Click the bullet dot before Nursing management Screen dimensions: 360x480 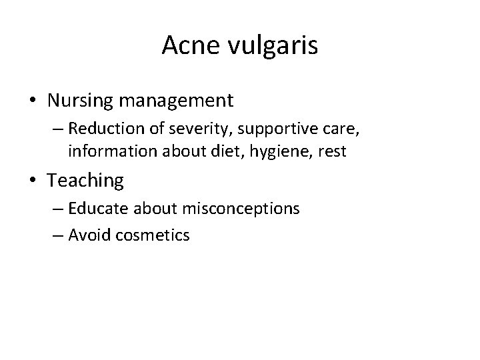(x=32, y=101)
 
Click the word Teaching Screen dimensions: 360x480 (x=86, y=181)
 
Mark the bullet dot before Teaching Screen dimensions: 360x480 (x=32, y=181)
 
